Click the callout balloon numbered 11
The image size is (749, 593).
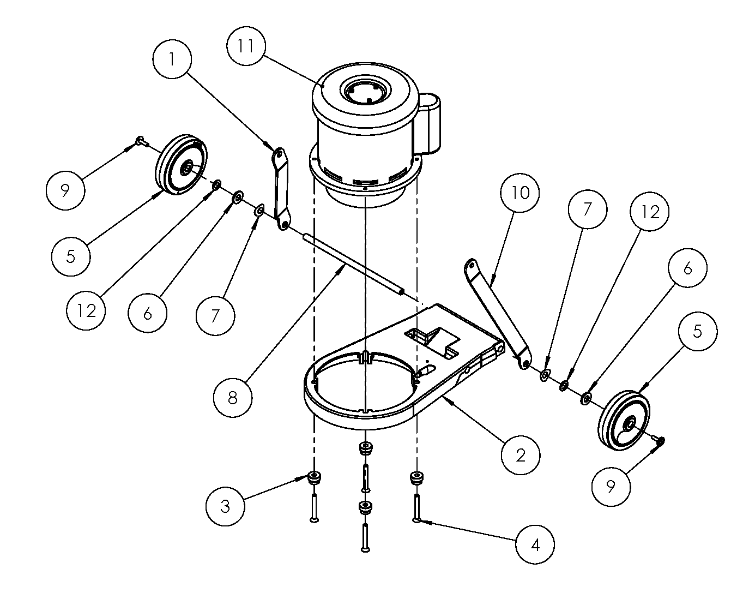pyautogui.click(x=246, y=46)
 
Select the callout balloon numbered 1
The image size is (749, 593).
pyautogui.click(x=172, y=59)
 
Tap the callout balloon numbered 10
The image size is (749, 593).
pyautogui.click(x=520, y=193)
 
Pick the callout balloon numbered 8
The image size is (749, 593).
pyautogui.click(x=233, y=398)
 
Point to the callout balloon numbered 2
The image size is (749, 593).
pyautogui.click(x=521, y=454)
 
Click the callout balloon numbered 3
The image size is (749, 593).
pyautogui.click(x=225, y=506)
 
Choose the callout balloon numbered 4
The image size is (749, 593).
pyautogui.click(x=535, y=544)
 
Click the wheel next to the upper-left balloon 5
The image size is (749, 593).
pyautogui.click(x=181, y=164)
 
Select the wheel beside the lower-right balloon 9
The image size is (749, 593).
pyautogui.click(x=624, y=421)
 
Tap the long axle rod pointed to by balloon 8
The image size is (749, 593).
pyautogui.click(x=354, y=265)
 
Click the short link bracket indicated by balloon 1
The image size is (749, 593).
pyautogui.click(x=281, y=189)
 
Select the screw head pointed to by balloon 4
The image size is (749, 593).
pyautogui.click(x=416, y=520)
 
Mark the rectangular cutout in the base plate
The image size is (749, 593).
pyautogui.click(x=432, y=343)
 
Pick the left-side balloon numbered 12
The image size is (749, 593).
pyautogui.click(x=86, y=310)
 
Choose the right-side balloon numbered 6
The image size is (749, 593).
pyautogui.click(x=687, y=268)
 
